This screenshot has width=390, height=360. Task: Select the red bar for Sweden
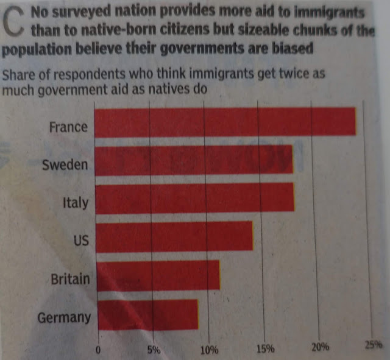click(x=194, y=161)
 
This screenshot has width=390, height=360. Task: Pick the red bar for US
click(x=174, y=236)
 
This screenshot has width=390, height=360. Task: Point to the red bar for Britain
click(x=158, y=276)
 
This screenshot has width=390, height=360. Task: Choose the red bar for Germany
click(x=147, y=314)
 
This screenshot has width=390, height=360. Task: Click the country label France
click(x=68, y=128)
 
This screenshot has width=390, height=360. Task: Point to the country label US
click(x=81, y=241)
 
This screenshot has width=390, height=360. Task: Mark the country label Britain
click(x=70, y=280)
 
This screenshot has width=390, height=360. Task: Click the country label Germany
click(x=64, y=317)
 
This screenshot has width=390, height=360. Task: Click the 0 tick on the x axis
click(x=98, y=350)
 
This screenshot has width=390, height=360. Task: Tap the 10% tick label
click(x=209, y=350)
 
